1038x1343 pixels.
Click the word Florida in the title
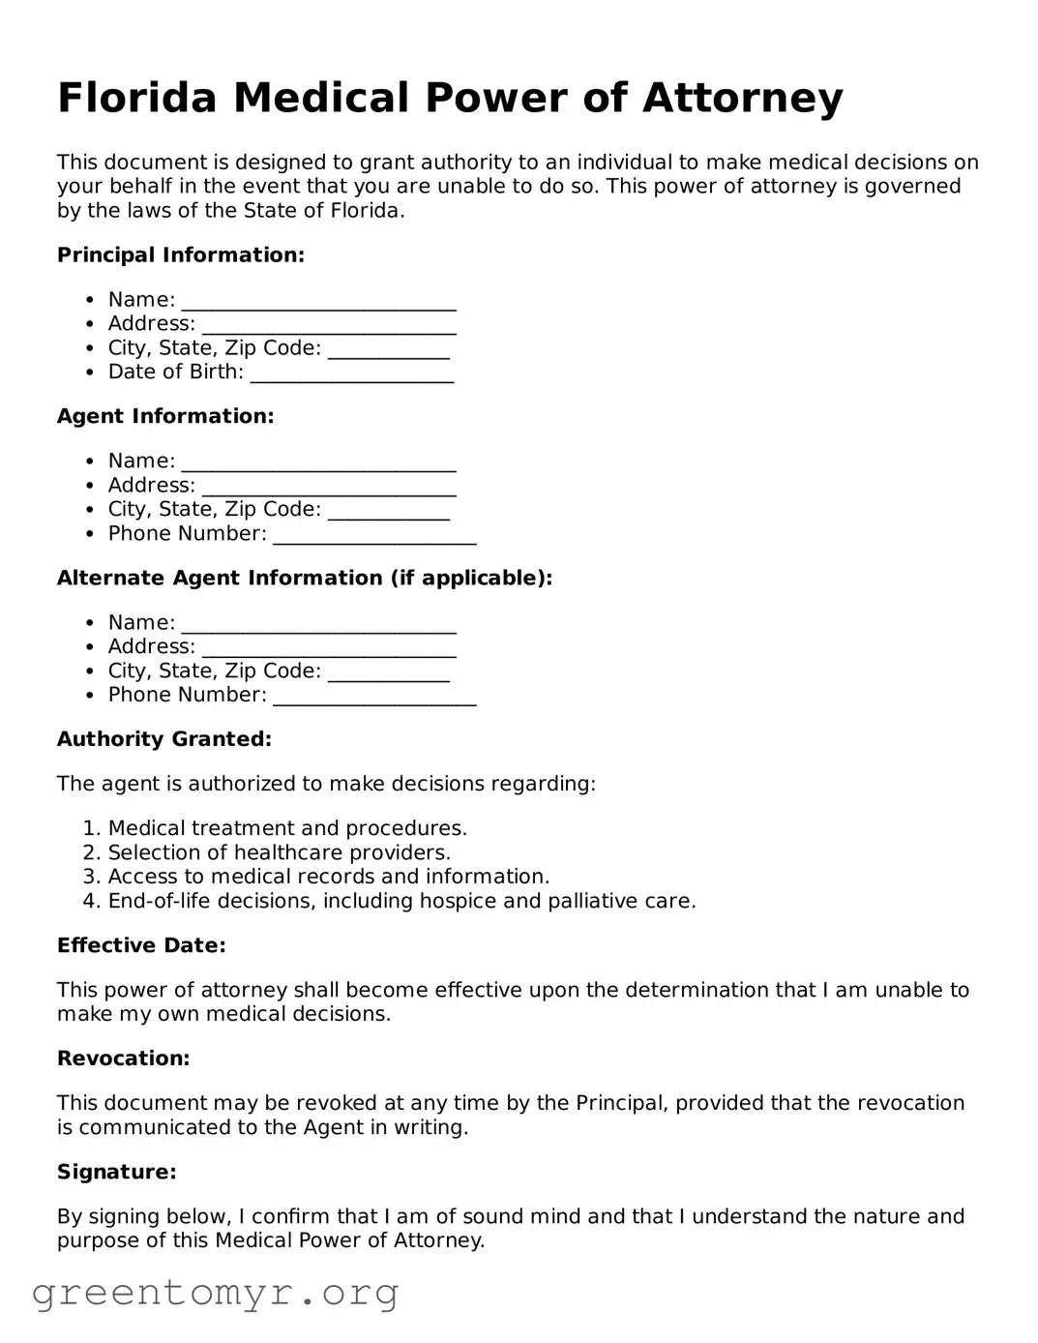[x=136, y=98]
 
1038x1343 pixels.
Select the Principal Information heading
[x=181, y=255]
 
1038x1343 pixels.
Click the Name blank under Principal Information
[x=318, y=302]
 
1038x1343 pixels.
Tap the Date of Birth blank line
[x=352, y=374]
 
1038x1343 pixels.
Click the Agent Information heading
[x=165, y=416]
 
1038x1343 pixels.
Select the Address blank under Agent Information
[x=329, y=487]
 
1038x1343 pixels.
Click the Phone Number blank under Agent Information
[x=374, y=535]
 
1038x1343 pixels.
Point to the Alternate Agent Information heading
[x=305, y=578]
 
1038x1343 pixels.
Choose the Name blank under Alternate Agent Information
[x=318, y=624]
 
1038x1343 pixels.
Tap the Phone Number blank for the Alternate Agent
[x=374, y=697]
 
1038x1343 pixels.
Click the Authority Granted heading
[x=164, y=739]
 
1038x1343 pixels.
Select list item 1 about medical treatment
[x=287, y=828]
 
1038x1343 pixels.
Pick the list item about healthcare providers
[x=279, y=852]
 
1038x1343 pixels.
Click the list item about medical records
[x=328, y=877]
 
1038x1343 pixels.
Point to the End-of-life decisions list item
[x=401, y=901]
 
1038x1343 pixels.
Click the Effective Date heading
[x=141, y=945]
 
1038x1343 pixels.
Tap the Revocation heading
[x=124, y=1059]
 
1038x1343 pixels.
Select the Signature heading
[x=117, y=1172]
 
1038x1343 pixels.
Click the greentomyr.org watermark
[x=216, y=1293]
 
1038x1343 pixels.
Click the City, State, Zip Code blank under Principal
[x=389, y=350]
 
